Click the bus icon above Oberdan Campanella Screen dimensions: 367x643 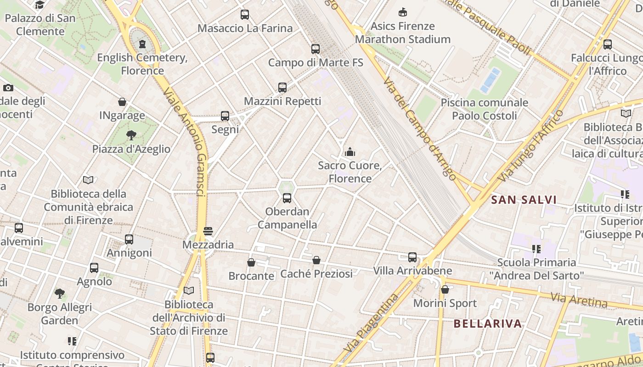287,198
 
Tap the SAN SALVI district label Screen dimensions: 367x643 524,200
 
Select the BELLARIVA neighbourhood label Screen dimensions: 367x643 488,324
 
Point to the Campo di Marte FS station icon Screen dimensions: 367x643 315,49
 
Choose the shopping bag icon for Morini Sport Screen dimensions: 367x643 445,290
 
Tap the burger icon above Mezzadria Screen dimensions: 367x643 208,231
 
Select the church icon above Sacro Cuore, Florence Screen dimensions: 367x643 350,151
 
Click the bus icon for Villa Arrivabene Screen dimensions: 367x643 412,257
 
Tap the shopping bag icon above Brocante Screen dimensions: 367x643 251,263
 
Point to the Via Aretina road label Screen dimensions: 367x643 579,301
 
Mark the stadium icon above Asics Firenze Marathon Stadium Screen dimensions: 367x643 403,12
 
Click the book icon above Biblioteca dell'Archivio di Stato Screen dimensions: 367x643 188,290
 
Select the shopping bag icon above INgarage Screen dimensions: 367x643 122,102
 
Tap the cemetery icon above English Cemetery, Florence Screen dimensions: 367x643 142,44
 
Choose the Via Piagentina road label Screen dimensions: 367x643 371,323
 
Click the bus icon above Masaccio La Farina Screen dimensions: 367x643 245,15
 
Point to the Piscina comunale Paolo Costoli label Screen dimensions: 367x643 485,109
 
